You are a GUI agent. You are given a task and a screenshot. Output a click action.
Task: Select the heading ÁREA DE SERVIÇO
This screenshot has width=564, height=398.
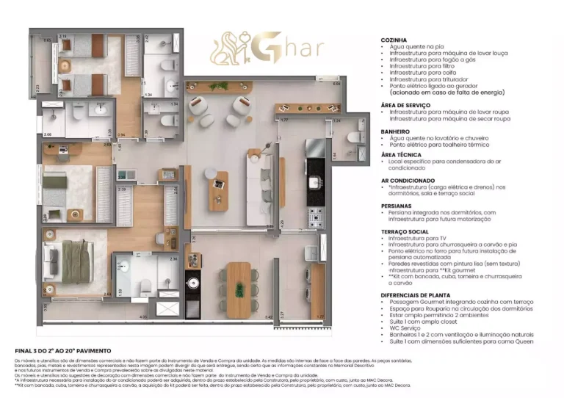pyautogui.click(x=405, y=104)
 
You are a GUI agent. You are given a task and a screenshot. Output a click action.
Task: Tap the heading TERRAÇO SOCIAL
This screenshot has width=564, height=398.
pyautogui.click(x=405, y=231)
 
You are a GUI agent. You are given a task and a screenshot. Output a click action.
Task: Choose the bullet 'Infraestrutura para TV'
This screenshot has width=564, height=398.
pyautogui.click(x=419, y=238)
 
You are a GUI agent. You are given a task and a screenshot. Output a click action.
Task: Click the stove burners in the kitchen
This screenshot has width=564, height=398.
pyautogui.click(x=315, y=215)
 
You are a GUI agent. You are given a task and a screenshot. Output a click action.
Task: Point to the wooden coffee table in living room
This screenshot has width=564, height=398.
pyautogui.click(x=218, y=189)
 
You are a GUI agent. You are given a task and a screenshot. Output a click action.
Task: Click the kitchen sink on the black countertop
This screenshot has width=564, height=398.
pyautogui.click(x=315, y=181)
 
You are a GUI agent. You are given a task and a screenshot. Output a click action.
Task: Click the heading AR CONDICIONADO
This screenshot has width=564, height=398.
pyautogui.click(x=408, y=180)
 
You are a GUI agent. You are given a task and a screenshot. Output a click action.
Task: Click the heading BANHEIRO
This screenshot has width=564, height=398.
pyautogui.click(x=395, y=131)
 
